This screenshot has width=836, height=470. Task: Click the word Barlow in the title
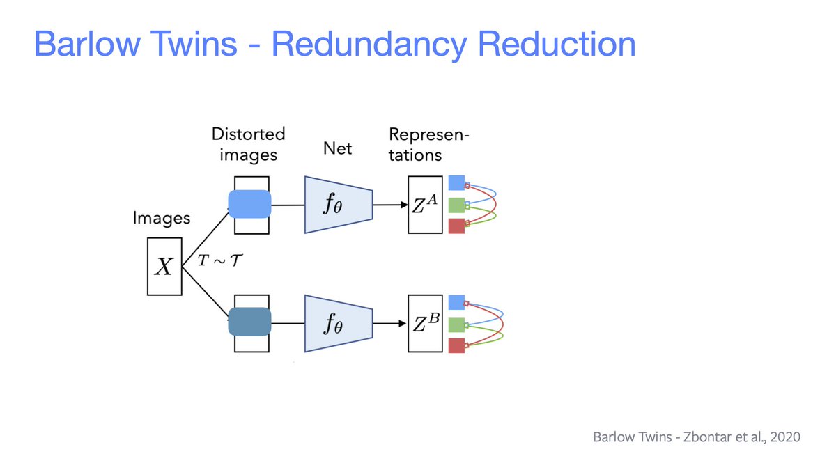[x=84, y=44]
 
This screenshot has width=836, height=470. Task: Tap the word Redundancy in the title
[x=374, y=44]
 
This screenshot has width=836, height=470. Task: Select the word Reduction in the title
[x=558, y=44]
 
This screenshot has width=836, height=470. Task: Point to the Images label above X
[x=162, y=218]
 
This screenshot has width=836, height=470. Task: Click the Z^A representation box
[x=425, y=205]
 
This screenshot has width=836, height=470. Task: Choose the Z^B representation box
[x=425, y=322]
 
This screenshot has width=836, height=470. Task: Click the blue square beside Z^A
[x=456, y=183]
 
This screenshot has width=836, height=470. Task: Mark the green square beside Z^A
[x=456, y=205]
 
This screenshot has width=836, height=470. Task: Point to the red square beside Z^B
[x=456, y=345]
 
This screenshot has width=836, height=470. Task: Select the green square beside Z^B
[x=456, y=324]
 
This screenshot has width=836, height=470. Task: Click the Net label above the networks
[x=337, y=148]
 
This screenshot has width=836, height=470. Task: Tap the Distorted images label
[x=249, y=143]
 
